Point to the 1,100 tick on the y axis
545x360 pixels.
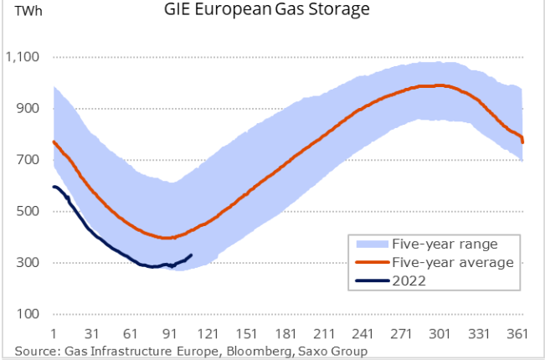[x=23, y=57]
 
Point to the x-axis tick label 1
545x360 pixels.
[x=54, y=332]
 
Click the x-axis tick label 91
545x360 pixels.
[x=170, y=332]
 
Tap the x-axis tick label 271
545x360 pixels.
[x=402, y=332]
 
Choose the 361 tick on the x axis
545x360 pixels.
[x=517, y=332]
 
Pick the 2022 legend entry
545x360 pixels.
[x=409, y=281]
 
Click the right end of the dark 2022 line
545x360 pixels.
[x=192, y=255]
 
